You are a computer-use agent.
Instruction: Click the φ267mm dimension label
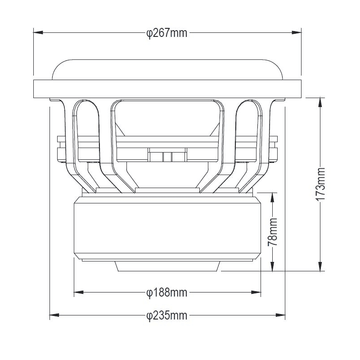click(167, 33)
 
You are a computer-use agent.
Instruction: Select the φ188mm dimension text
click(167, 292)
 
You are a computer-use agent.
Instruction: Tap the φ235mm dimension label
click(167, 315)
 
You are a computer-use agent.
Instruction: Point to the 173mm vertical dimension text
click(320, 184)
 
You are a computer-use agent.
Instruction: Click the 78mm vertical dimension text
click(273, 232)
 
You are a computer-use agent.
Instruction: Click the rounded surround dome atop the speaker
click(167, 68)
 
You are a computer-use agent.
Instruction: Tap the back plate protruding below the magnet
click(167, 266)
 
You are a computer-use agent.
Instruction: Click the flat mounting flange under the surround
click(167, 89)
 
